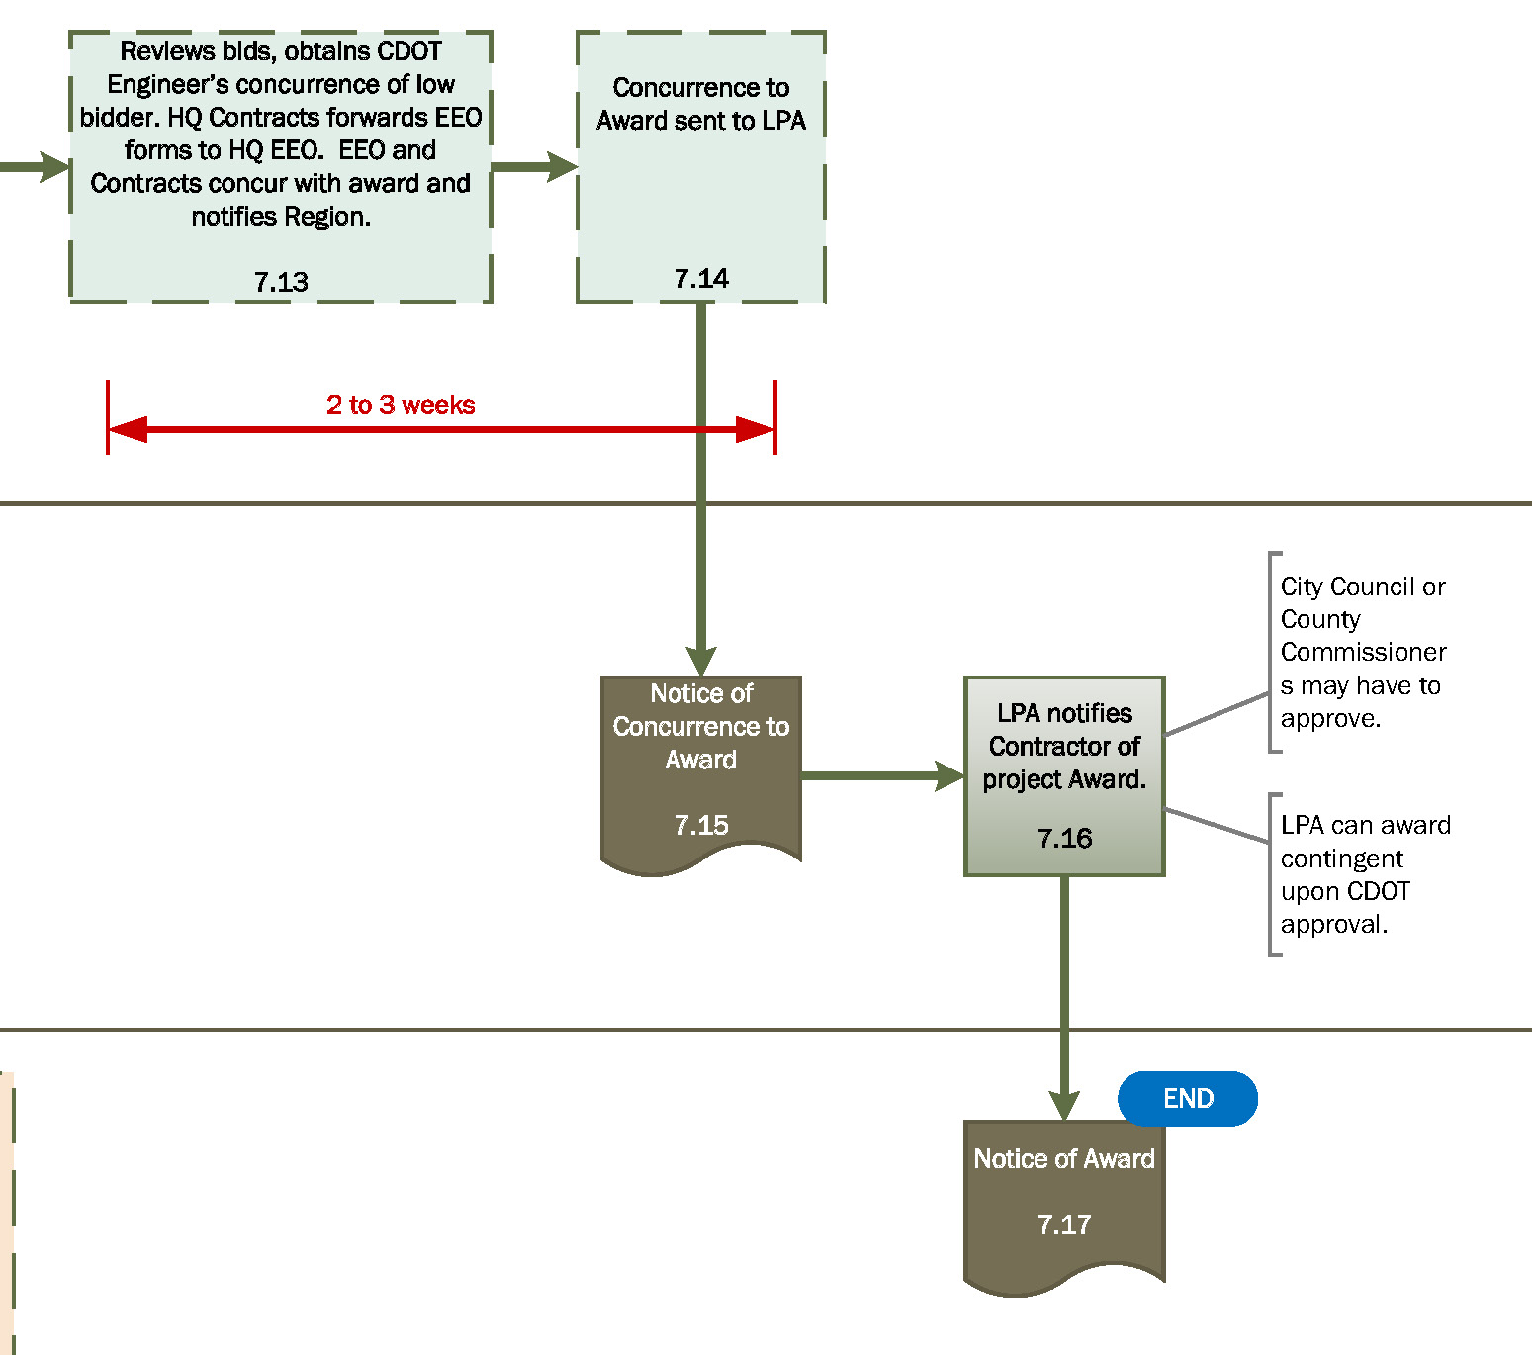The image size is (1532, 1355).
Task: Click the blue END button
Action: click(1187, 1098)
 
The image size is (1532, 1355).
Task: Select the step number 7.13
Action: click(281, 282)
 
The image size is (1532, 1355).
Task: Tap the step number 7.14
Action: click(700, 279)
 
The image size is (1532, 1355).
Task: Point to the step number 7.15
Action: click(700, 825)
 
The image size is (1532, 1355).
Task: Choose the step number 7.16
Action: click(1064, 839)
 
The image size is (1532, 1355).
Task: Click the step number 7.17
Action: click(1064, 1224)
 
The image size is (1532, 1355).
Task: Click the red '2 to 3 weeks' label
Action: click(401, 405)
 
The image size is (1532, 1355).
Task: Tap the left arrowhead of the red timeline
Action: click(127, 429)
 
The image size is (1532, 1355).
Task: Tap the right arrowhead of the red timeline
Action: click(756, 429)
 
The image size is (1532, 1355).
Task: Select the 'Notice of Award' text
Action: click(1064, 1158)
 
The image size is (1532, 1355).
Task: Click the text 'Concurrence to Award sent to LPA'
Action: click(700, 104)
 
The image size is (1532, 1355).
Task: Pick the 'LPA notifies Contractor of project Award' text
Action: click(1064, 746)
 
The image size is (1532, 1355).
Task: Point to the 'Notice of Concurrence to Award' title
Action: click(700, 726)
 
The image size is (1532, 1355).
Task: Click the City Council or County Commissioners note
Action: click(1362, 652)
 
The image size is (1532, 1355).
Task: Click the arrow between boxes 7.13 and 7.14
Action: click(534, 166)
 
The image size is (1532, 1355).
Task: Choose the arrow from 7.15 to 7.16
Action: click(880, 775)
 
